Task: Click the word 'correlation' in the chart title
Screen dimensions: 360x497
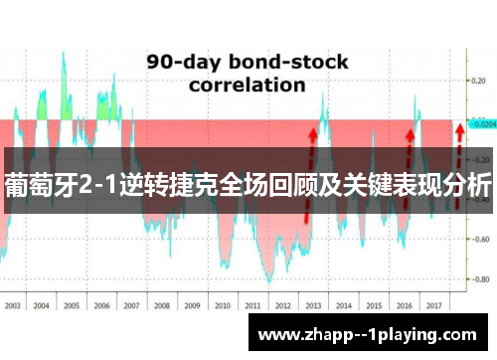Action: pyautogui.click(x=248, y=85)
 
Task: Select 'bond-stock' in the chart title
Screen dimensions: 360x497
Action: pyautogui.click(x=290, y=62)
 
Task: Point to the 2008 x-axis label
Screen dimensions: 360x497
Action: pyautogui.click(x=162, y=305)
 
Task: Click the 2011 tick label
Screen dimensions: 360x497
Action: pyautogui.click(x=251, y=305)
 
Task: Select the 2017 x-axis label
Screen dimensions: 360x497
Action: pyautogui.click(x=432, y=305)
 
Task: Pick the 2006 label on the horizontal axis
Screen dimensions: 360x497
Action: pyautogui.click(x=102, y=305)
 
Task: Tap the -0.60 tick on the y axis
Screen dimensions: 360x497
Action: pyautogui.click(x=481, y=238)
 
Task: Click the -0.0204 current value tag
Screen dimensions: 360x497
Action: pyautogui.click(x=483, y=125)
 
